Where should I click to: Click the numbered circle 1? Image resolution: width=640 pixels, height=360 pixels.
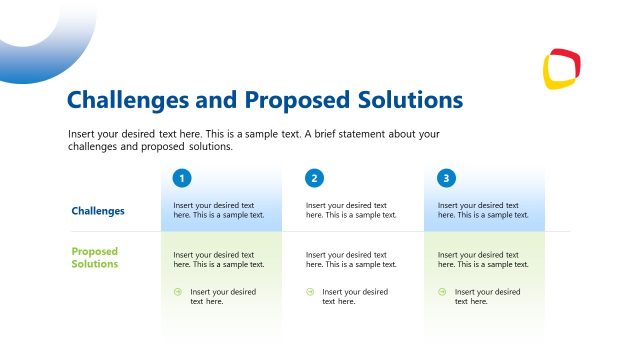pos(181,179)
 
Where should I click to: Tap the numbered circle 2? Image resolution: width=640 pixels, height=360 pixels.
pos(314,179)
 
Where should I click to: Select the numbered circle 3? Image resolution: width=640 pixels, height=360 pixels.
pos(446,179)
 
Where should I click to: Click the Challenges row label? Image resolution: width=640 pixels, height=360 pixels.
pos(98,211)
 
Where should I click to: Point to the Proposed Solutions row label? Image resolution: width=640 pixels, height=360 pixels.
pos(95,258)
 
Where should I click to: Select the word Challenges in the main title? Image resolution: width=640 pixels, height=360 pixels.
pos(126,100)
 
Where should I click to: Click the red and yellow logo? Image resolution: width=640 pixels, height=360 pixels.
pos(562,68)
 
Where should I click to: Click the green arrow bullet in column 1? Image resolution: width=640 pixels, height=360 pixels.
pos(177,292)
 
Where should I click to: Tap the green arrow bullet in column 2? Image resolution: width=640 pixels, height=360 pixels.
pos(310,292)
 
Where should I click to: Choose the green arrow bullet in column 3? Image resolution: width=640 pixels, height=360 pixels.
pos(442,292)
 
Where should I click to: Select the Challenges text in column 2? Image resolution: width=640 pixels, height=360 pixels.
pos(351,210)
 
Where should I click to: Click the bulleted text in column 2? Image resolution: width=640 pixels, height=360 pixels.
pos(355,296)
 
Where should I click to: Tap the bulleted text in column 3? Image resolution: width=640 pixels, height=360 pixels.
pos(487,296)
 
